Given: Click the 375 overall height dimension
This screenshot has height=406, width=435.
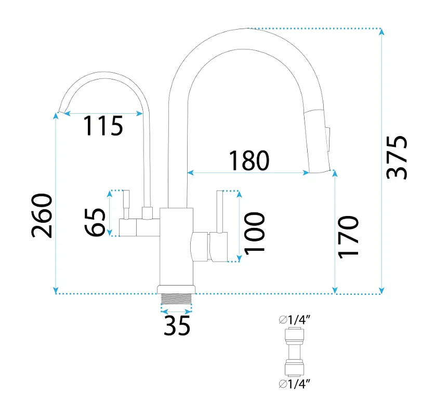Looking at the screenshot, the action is (x=397, y=157).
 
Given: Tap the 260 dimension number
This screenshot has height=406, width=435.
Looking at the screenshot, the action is (x=42, y=215).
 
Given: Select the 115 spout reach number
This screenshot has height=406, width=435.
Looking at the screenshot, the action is (x=103, y=126).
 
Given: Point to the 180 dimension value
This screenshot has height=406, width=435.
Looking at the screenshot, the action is (x=249, y=160).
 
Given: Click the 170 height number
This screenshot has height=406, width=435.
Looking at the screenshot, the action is (x=348, y=237).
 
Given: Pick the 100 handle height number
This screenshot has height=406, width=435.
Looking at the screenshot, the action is (x=254, y=232).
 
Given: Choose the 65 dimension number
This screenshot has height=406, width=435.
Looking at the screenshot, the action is (x=95, y=222).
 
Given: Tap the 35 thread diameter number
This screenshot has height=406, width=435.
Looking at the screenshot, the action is (x=177, y=326).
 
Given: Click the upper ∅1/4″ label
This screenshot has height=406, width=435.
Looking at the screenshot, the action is (x=294, y=320).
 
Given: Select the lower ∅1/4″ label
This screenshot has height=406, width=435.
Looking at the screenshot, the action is (x=294, y=384).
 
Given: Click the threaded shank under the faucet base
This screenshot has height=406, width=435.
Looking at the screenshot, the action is (x=176, y=299).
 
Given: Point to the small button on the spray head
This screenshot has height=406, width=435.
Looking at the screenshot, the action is (x=328, y=139).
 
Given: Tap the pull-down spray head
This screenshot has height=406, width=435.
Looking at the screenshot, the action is (x=318, y=141).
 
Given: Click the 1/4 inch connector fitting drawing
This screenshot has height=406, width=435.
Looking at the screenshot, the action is (x=294, y=352).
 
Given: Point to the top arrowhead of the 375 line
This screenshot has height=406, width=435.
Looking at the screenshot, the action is (x=382, y=31).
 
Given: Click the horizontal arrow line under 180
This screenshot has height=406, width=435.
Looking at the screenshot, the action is (x=248, y=173).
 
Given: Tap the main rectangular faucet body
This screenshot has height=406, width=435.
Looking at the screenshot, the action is (x=176, y=247).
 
